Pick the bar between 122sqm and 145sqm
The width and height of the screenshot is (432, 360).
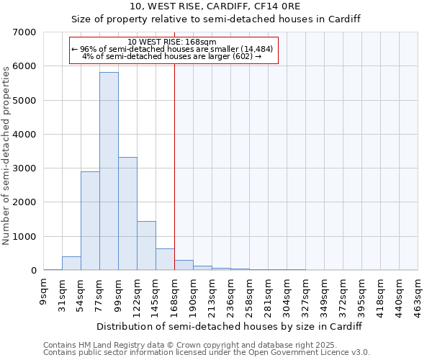146,246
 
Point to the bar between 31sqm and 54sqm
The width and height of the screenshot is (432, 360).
71,264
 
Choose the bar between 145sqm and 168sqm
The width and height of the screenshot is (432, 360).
165,259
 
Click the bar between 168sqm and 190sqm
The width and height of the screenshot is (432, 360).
184,265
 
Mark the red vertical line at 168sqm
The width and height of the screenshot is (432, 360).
174,166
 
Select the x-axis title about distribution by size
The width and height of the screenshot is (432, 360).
228,326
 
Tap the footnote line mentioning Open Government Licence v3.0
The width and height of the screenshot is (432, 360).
207,352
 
